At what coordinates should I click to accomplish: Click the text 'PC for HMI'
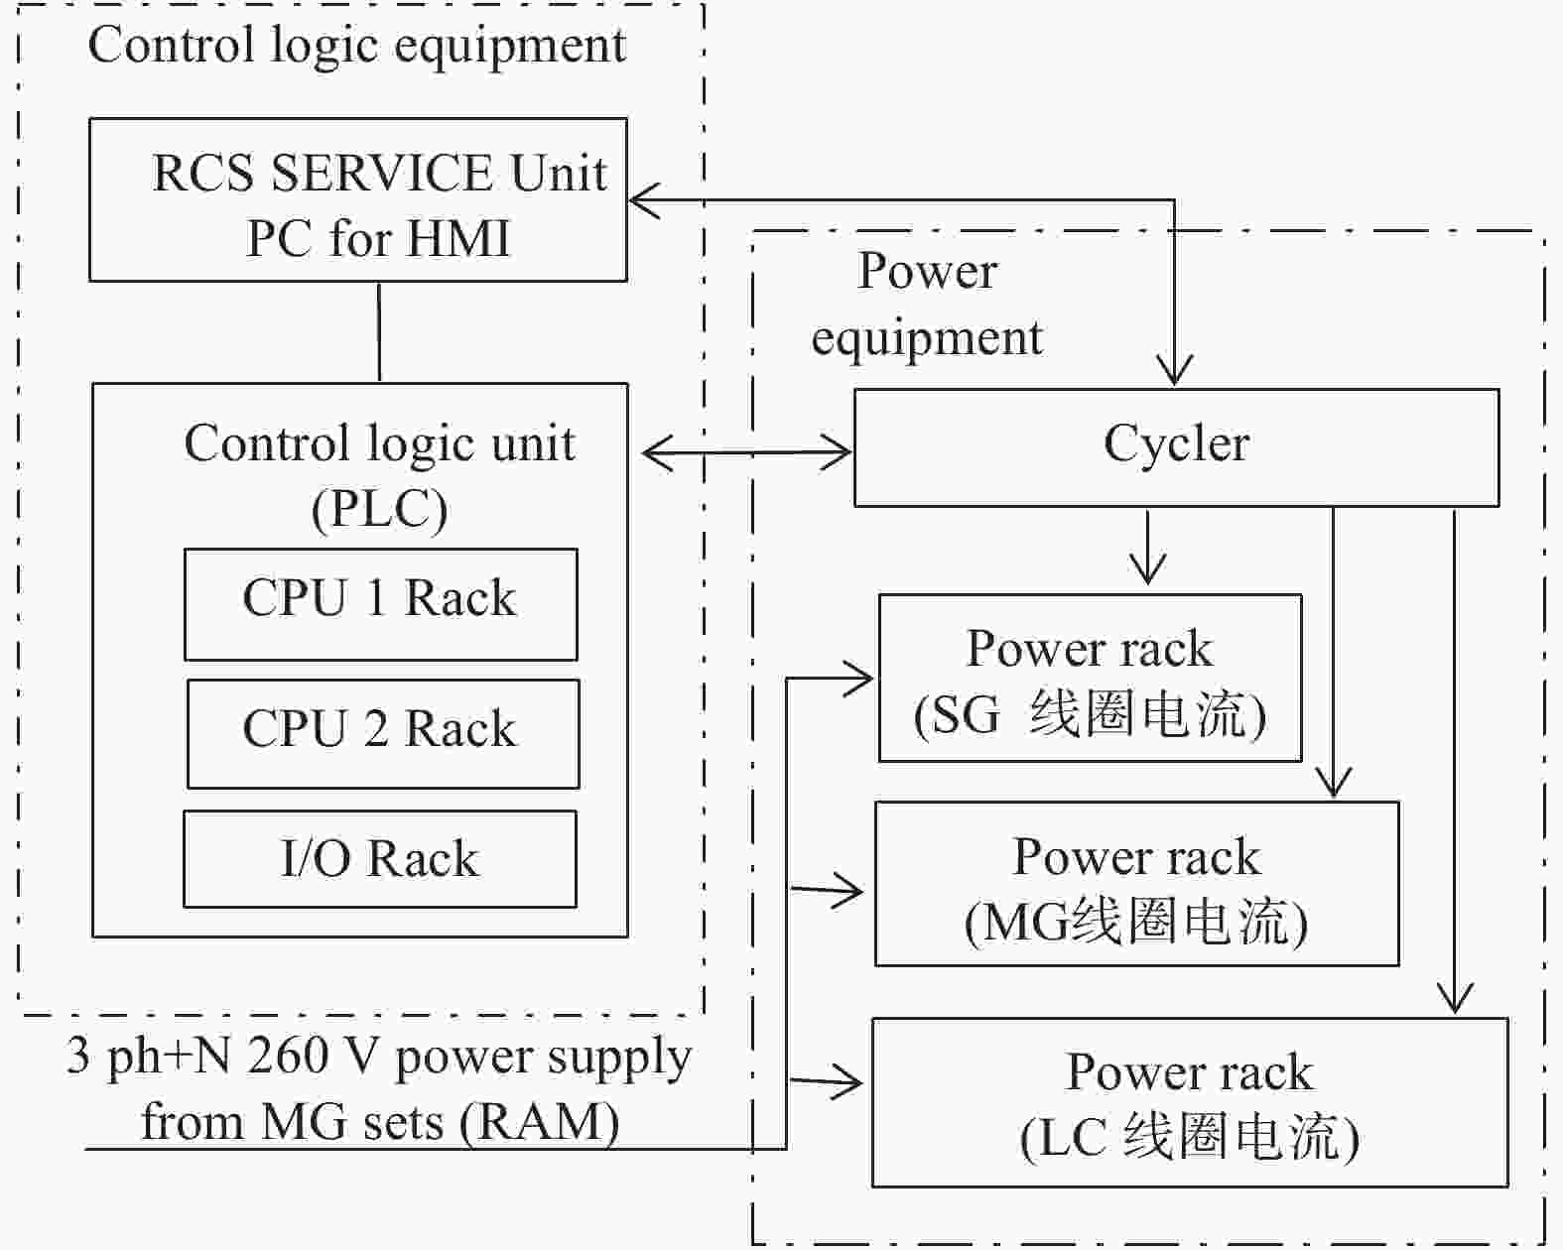(378, 238)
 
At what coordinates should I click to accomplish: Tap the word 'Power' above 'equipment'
(927, 270)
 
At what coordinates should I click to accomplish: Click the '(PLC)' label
(379, 509)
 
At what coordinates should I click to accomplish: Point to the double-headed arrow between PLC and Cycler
(747, 452)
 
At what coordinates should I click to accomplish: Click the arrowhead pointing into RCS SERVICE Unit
(643, 199)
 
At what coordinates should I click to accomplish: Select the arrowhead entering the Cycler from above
(1174, 370)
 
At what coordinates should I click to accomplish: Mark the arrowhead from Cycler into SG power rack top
(1147, 569)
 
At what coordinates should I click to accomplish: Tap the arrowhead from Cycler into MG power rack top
(1334, 783)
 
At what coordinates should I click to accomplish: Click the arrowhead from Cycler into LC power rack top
(1454, 997)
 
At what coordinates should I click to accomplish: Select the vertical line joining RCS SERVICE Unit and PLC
(379, 332)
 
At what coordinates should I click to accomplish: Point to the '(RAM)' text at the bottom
(539, 1124)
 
